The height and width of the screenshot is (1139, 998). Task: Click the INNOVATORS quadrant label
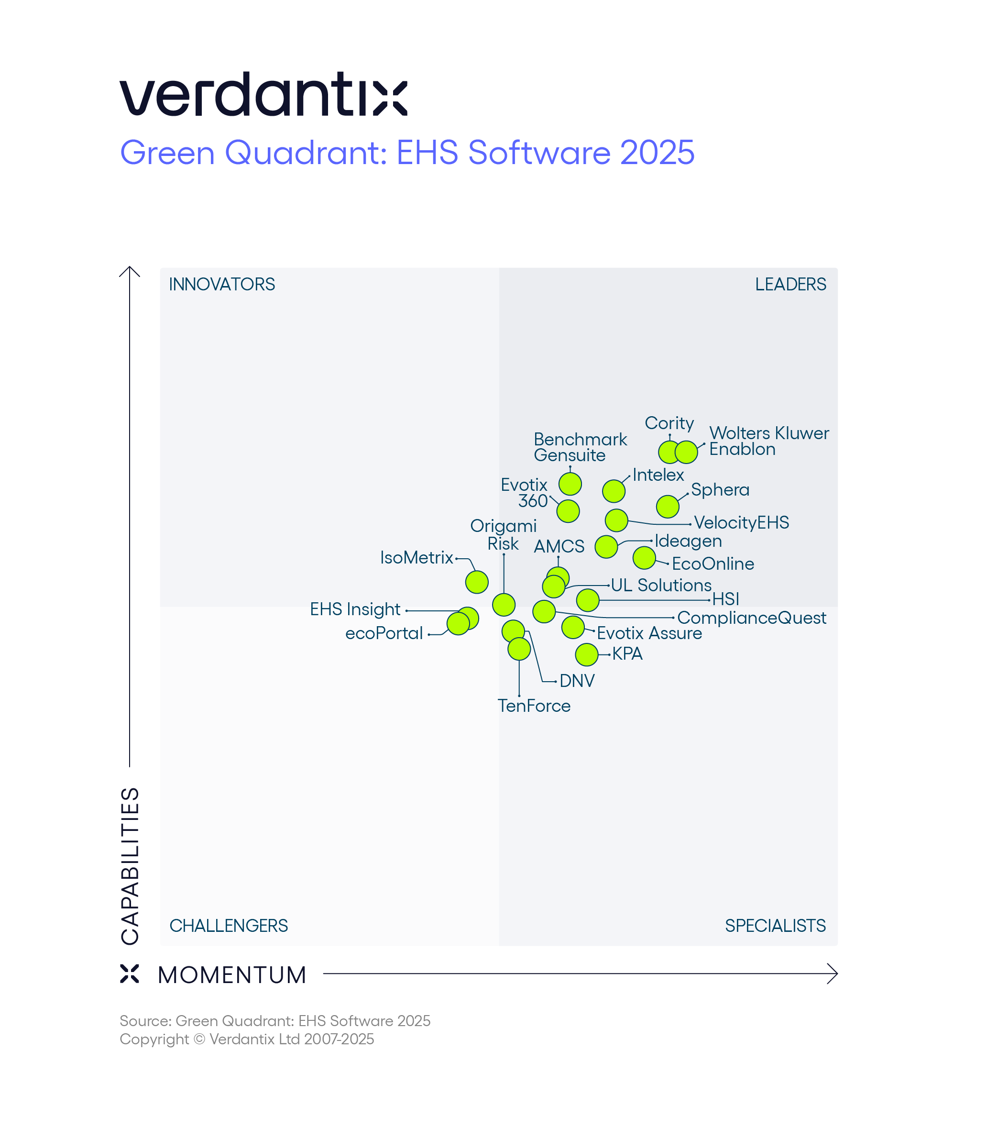tap(222, 285)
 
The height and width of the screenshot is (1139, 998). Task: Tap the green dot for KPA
tap(586, 654)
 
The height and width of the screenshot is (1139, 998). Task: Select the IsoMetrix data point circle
tap(477, 582)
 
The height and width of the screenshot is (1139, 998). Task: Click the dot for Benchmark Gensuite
tap(570, 484)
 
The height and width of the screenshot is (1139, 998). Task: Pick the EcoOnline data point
tap(644, 557)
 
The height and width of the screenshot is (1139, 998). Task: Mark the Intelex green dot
tap(614, 491)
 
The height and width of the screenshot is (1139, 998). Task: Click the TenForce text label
tap(534, 706)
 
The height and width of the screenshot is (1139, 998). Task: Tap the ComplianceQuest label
tap(751, 618)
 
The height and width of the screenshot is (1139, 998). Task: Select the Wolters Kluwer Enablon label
tap(768, 441)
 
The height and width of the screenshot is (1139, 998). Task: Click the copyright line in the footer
tap(247, 1039)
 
